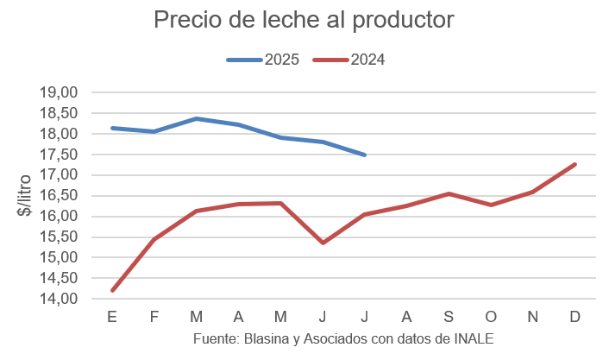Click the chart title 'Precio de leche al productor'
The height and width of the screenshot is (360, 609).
(x=304, y=20)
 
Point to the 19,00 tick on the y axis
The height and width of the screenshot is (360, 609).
(x=60, y=92)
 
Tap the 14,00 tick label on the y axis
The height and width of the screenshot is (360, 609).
(x=60, y=299)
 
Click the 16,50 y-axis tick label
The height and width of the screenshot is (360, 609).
(x=60, y=196)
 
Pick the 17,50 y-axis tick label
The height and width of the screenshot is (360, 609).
(x=60, y=155)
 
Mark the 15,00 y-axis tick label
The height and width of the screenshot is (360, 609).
(x=60, y=257)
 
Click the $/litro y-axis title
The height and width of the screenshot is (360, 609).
(x=25, y=195)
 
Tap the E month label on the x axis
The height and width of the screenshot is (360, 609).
(x=112, y=317)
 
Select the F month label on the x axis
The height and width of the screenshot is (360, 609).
(x=154, y=317)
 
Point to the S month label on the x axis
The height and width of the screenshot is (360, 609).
(x=449, y=317)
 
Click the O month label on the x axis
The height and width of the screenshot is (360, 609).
(x=491, y=317)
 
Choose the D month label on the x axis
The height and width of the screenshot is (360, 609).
(x=574, y=317)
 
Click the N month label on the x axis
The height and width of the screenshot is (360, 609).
(x=532, y=317)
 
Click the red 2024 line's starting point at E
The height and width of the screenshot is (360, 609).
(x=112, y=290)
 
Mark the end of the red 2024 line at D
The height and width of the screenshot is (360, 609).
(x=574, y=164)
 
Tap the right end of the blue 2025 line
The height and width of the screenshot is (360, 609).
(x=365, y=155)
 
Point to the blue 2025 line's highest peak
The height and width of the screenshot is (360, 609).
(x=197, y=118)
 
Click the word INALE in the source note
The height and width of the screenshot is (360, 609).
(x=474, y=338)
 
